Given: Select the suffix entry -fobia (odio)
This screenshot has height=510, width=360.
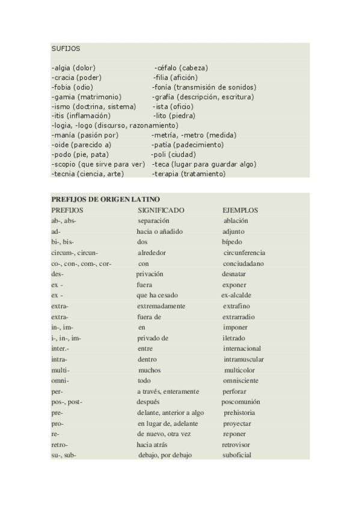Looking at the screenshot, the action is point(72,87).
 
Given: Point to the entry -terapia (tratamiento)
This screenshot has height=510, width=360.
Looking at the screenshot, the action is point(189,173).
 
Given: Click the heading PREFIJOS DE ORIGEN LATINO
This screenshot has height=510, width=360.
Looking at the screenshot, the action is point(105,199).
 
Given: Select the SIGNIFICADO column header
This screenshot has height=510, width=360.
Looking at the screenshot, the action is point(161,210).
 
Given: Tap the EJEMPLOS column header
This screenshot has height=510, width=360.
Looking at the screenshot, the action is point(240,210).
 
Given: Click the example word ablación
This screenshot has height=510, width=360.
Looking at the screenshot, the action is point(236,221).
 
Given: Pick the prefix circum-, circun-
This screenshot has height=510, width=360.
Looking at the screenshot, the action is point(75,253).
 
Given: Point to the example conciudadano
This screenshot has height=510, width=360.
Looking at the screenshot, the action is point(243,263).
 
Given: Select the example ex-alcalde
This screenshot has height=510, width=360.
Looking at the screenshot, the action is point(236,295).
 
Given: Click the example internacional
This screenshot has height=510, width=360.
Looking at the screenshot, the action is point(242,348).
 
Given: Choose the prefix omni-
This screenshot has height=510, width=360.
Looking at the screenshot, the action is point(61,381).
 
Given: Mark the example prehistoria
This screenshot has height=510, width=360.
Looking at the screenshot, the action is point(239,413).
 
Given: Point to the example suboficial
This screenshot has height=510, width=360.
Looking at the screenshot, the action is point(237,455).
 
